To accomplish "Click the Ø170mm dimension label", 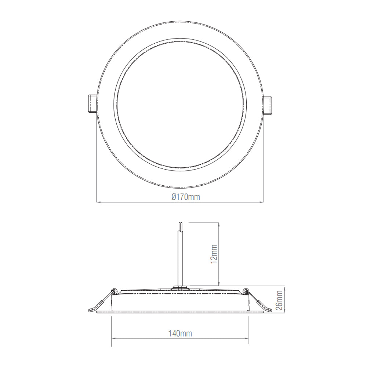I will coord(186,197).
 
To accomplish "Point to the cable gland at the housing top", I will coord(180,287).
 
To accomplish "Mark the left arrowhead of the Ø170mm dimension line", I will coord(98,201).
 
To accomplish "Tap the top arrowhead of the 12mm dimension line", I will coord(219,224).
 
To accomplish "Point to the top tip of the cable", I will coord(180,223).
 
